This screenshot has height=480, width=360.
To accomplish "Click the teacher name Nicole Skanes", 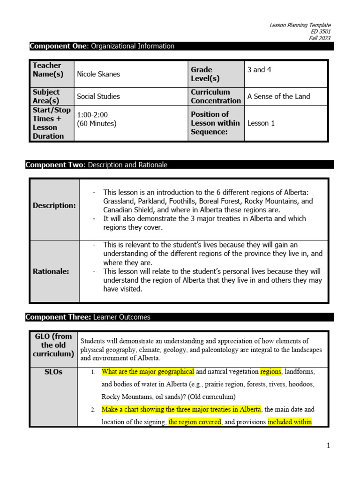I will tap(98, 74).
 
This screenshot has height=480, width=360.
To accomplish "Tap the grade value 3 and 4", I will tap(259, 70).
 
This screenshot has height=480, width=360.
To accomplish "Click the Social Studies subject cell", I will tap(98, 97).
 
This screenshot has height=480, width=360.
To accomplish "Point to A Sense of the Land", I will tap(278, 97).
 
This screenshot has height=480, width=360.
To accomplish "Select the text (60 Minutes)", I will tap(97, 124).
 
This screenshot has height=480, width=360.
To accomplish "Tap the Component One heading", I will tap(102, 46).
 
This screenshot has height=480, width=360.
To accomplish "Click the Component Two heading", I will tap(96, 165).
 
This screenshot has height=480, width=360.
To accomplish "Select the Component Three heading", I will tap(88, 317).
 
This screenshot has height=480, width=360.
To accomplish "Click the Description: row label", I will tap(54, 206).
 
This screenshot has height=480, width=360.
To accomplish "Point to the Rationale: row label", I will tap(51, 271).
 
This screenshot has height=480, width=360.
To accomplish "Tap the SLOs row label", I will tap(53, 372).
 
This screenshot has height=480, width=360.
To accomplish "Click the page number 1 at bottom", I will tap(329, 446).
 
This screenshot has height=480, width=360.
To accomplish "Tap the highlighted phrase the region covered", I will tap(195, 422).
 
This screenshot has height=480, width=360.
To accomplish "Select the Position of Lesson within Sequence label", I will tap(215, 123).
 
